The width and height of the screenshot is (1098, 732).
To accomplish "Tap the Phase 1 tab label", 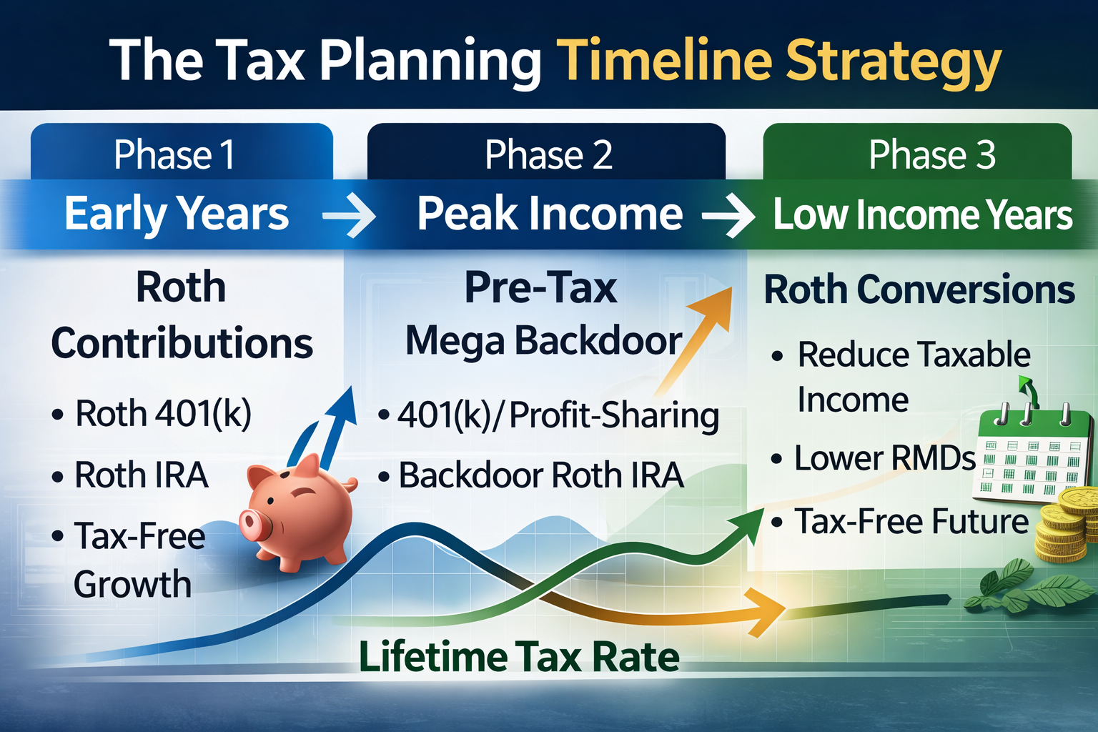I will [x=174, y=154].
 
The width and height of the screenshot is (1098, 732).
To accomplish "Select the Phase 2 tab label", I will [x=548, y=154].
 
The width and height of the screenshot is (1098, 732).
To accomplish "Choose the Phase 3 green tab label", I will [x=931, y=154].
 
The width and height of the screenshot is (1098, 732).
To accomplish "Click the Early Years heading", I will [x=177, y=214].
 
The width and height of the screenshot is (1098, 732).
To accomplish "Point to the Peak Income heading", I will [x=550, y=214].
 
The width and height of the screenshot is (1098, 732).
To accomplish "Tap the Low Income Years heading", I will [x=922, y=215].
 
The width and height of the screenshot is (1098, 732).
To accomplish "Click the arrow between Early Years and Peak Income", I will [x=349, y=214].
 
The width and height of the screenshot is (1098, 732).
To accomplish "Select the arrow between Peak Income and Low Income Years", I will [x=728, y=215].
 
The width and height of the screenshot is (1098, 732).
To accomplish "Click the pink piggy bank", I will [x=300, y=511].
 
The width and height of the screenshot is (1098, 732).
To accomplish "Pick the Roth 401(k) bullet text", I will [x=163, y=413].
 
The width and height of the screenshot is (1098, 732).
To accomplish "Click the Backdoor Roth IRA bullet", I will [x=540, y=475].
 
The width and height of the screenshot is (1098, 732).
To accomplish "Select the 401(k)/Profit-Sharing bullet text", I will [x=558, y=415].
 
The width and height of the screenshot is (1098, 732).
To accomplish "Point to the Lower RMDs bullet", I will [x=884, y=458].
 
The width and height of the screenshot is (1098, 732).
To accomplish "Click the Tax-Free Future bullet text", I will [x=911, y=521].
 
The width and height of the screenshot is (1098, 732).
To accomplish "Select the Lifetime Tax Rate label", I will [x=519, y=656].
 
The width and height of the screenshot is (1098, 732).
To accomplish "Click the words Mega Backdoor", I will [x=543, y=341].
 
